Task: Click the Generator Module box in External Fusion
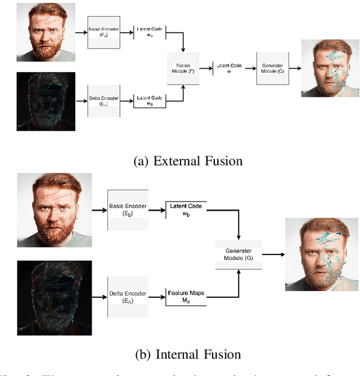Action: pyautogui.click(x=273, y=69)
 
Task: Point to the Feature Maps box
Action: pyautogui.click(x=186, y=297)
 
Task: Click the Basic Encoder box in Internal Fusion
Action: pyautogui.click(x=128, y=209)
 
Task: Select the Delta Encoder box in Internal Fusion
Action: pyautogui.click(x=128, y=297)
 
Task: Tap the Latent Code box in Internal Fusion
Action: pyautogui.click(x=186, y=209)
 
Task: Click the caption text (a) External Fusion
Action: pyautogui.click(x=188, y=161)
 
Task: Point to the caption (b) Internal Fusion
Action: pyautogui.click(x=188, y=354)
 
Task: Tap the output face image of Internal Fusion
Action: pyautogui.click(x=321, y=254)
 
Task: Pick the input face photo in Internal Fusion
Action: pyautogui.click(x=54, y=209)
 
